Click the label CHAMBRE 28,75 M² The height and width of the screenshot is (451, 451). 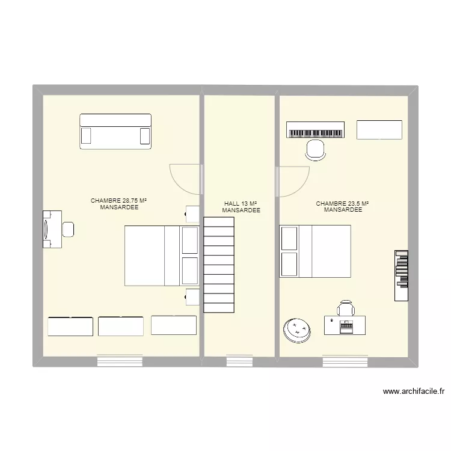[x=119, y=200]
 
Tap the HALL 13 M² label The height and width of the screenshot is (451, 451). [x=241, y=204]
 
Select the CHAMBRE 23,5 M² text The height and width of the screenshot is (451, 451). [x=342, y=204]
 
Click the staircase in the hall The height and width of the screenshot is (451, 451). [x=219, y=265]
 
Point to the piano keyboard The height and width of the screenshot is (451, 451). [x=316, y=130]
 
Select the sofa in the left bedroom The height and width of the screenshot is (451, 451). [x=115, y=131]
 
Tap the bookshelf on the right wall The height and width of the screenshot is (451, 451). [x=401, y=275]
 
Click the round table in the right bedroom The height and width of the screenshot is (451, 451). [x=296, y=330]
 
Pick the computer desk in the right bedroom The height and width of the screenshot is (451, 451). [x=345, y=325]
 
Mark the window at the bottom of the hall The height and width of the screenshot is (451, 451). [x=239, y=361]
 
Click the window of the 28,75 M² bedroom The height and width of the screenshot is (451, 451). [x=120, y=361]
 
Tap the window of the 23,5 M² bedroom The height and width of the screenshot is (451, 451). [x=345, y=361]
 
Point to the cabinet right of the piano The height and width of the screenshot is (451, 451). [x=379, y=130]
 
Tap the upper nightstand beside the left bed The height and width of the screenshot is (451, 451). [x=192, y=213]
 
